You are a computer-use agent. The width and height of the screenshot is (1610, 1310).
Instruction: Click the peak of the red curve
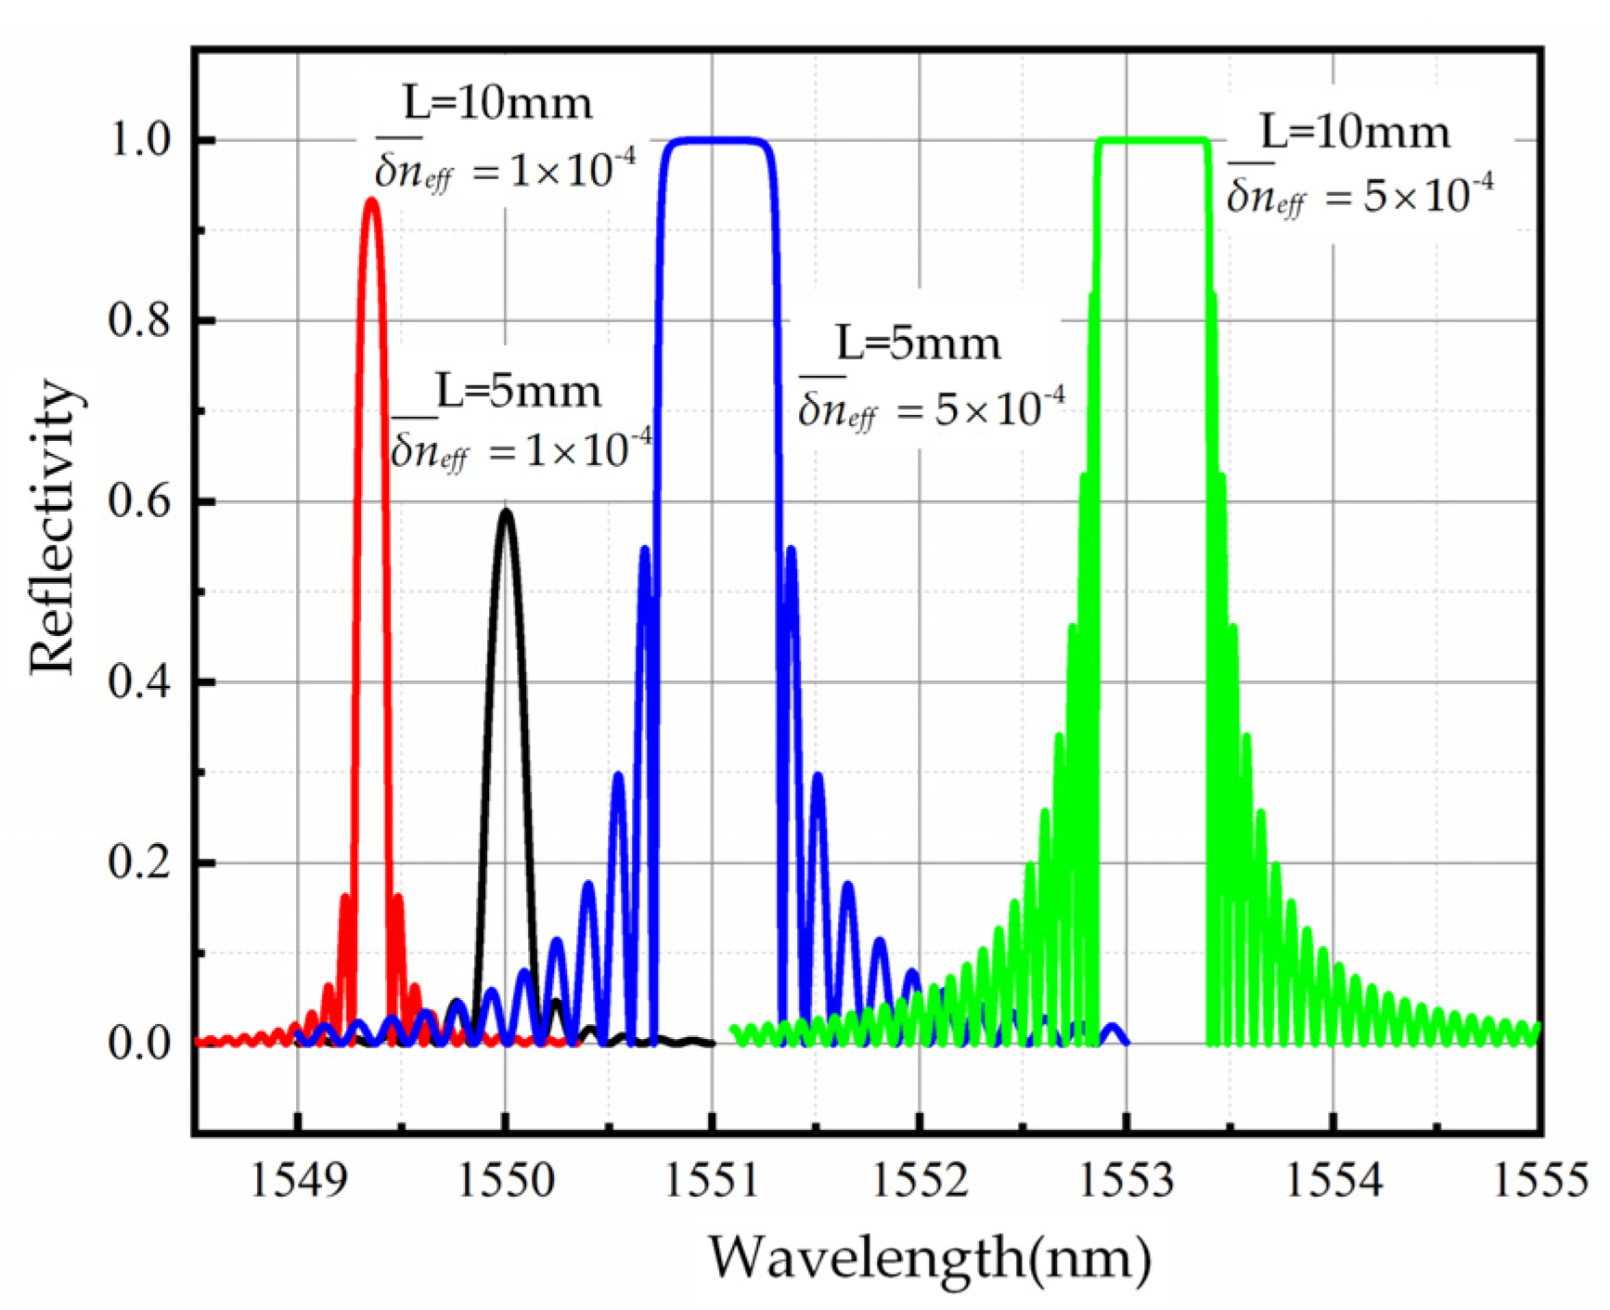coord(372,201)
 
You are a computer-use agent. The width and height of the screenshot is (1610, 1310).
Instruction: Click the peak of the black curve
coord(506,512)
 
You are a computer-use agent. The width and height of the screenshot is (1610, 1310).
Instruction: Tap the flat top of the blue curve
coord(715,141)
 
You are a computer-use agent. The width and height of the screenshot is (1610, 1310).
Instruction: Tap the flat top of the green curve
coord(1153,141)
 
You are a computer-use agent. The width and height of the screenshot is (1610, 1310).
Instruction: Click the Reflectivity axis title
coord(52,527)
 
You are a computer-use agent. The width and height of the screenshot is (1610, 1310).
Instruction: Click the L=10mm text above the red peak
coord(497,103)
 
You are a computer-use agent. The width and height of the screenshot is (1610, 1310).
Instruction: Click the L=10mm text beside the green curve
coord(1355,133)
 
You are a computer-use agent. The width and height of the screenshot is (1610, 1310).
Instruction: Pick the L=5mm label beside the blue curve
coord(919,344)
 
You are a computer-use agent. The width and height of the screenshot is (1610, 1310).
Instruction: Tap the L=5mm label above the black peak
coord(519,392)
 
